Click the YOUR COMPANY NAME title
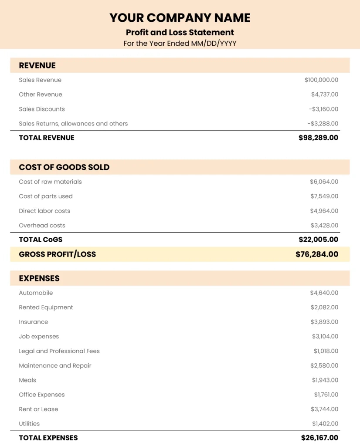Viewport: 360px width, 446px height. click(180, 18)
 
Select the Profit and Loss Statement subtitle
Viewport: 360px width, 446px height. click(180, 32)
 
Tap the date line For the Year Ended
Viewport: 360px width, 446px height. click(180, 44)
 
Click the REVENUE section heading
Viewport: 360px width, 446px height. click(37, 66)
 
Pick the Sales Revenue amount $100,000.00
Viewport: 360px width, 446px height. click(321, 80)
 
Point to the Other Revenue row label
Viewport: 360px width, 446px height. click(41, 95)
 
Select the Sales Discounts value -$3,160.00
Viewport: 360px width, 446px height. click(323, 109)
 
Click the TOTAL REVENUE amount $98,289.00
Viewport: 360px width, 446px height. click(318, 138)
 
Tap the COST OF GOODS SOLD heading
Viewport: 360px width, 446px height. click(64, 167)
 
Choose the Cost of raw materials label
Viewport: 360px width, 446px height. click(50, 182)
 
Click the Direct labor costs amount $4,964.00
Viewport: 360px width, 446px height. click(324, 211)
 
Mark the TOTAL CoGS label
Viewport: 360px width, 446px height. click(41, 240)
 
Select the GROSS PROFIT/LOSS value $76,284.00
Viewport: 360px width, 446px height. click(317, 254)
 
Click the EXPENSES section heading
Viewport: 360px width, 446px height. click(39, 278)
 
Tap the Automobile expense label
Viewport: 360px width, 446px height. click(36, 293)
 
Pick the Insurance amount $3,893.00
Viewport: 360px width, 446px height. click(324, 322)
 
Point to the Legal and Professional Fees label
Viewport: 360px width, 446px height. click(59, 351)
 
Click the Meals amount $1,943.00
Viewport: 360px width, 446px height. click(325, 380)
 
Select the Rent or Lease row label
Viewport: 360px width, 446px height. click(38, 409)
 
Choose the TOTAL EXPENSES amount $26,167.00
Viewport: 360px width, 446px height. click(319, 438)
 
